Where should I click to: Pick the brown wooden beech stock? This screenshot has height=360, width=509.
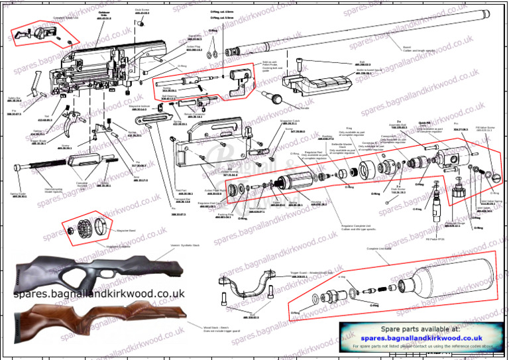coord(99,316)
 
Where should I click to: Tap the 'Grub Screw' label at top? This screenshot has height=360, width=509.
coord(142,11)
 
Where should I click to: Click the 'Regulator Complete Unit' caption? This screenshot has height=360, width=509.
coord(359,226)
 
